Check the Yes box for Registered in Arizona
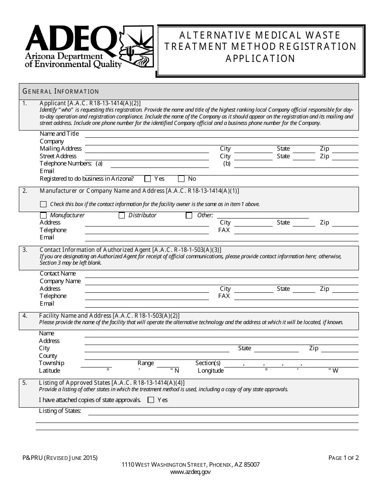tap(148, 179)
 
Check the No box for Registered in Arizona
tap(181, 179)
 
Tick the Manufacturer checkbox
tap(43, 216)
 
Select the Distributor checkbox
tap(122, 216)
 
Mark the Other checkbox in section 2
tap(189, 216)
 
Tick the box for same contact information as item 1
tap(43, 204)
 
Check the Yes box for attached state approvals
tap(151, 400)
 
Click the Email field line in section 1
tap(221, 174)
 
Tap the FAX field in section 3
tap(296, 298)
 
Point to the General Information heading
tap(61, 92)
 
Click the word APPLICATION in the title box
tap(260, 59)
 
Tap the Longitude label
tap(211, 371)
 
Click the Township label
tap(51, 363)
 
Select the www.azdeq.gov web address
tap(190, 472)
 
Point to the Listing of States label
tap(60, 411)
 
